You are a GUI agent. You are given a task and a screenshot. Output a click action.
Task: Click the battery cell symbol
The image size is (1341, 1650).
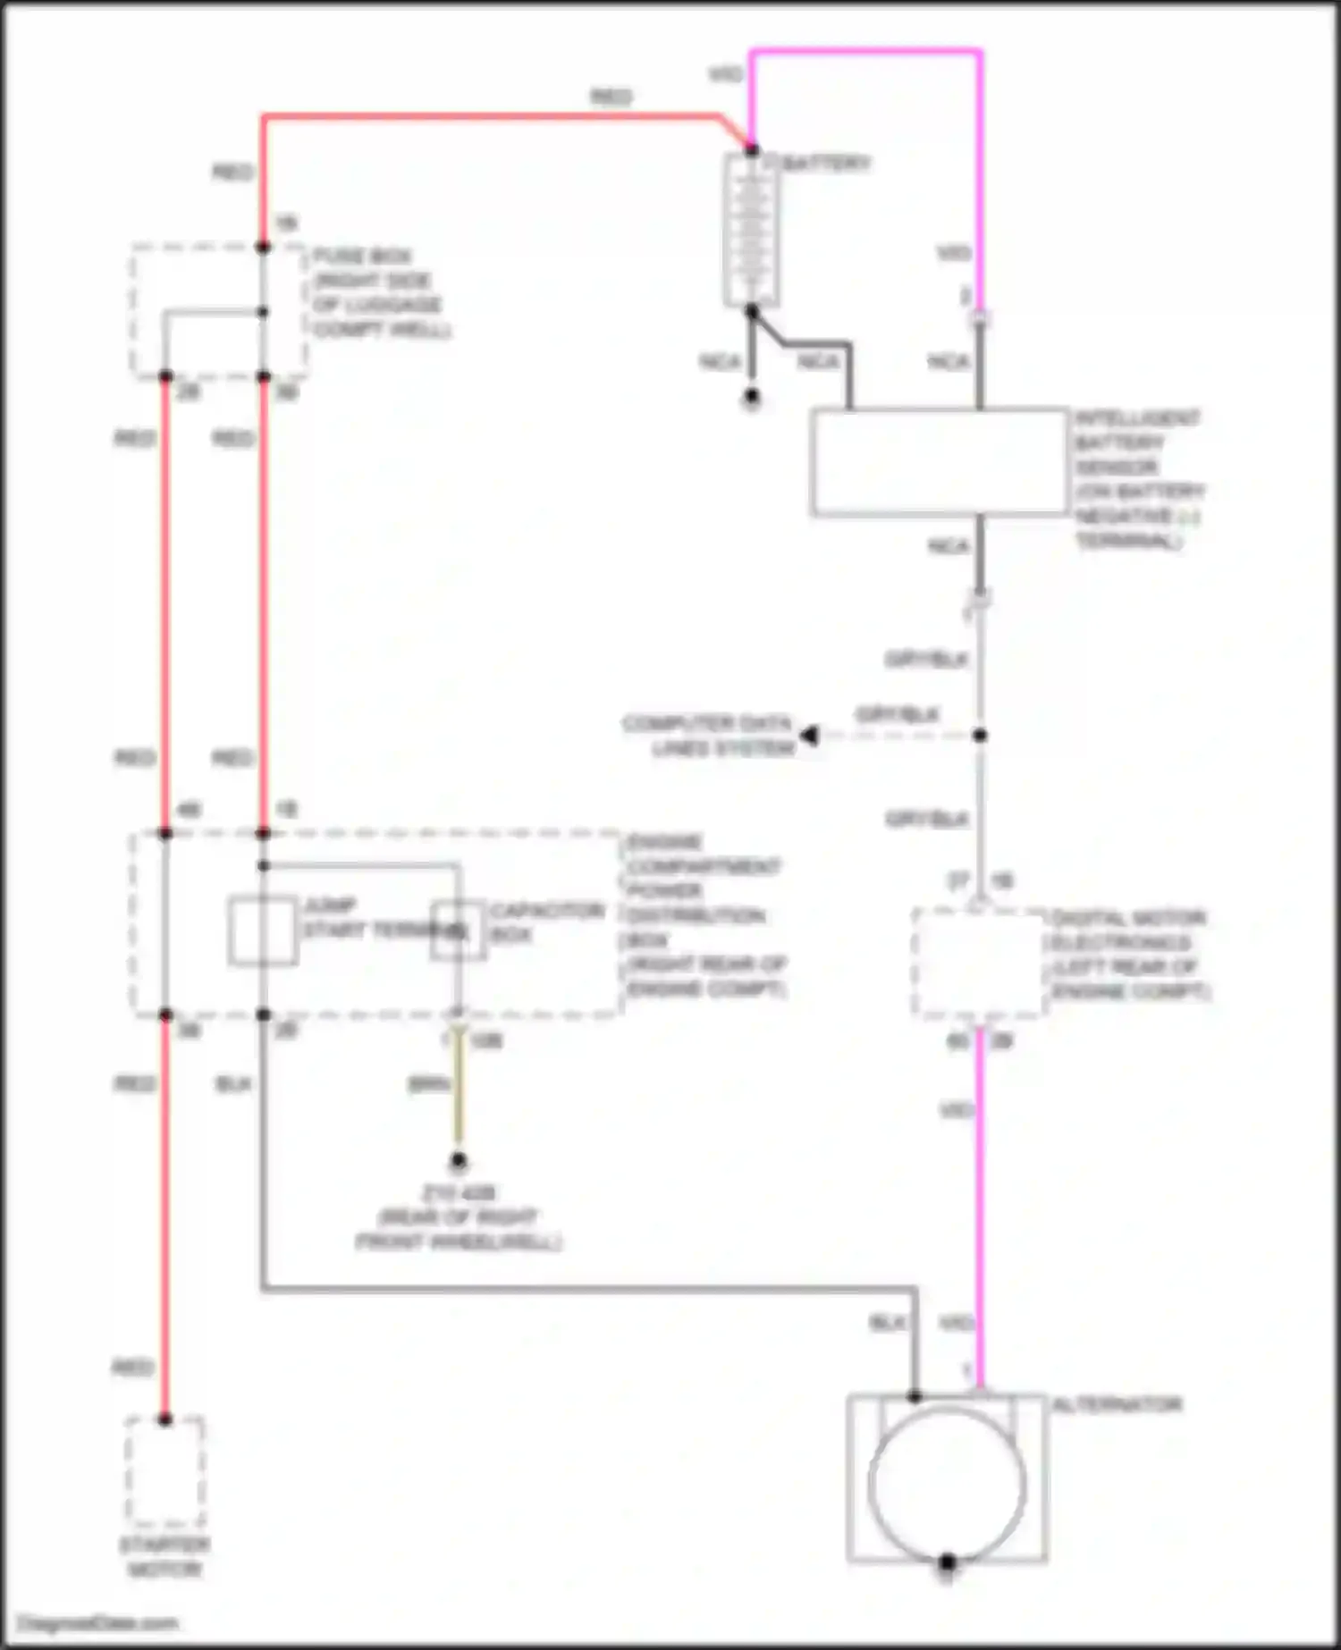[751, 230]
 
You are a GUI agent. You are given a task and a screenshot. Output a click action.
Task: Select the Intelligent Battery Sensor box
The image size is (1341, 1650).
[940, 462]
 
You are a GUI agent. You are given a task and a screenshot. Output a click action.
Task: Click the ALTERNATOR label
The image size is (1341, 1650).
[1117, 1405]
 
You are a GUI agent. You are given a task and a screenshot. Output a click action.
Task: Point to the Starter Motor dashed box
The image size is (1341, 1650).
[164, 1472]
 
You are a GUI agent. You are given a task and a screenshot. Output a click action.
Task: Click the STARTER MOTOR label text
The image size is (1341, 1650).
[164, 1557]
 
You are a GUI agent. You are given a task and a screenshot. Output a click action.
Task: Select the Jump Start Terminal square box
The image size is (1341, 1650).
[263, 930]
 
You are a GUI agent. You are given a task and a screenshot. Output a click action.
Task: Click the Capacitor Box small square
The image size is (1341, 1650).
[458, 930]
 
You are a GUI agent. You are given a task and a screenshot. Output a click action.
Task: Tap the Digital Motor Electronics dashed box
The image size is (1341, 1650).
[979, 963]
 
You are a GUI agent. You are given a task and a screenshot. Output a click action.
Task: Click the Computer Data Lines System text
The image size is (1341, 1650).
[708, 735]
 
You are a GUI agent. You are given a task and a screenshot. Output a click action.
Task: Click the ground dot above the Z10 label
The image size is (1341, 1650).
[458, 1161]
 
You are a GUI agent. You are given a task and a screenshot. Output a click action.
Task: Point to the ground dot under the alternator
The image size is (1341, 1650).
[947, 1562]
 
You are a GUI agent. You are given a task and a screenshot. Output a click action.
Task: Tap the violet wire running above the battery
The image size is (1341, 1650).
[865, 52]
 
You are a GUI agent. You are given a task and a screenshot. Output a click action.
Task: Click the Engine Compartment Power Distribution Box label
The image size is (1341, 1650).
[704, 915]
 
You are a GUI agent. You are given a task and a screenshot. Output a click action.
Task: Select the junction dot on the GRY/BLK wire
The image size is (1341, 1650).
[980, 736]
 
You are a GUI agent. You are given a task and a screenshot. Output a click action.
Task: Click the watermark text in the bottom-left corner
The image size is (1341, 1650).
[98, 1623]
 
